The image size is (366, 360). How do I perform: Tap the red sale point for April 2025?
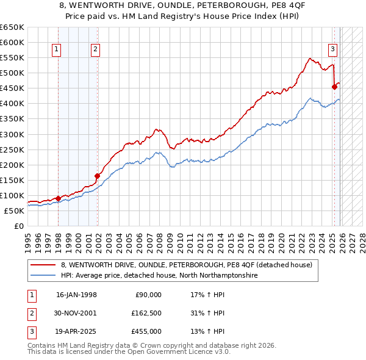pos(335,87)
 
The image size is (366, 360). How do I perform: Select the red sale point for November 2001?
pos(98,176)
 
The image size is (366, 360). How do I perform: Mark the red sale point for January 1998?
pos(58,198)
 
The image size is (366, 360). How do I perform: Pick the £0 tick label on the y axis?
pos(18,226)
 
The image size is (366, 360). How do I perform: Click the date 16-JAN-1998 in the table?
pos(76,295)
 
